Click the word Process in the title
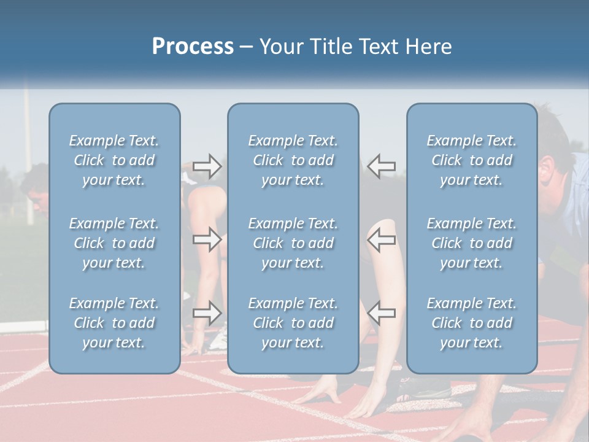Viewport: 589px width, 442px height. point(193,46)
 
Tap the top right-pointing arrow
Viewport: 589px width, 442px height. point(207,166)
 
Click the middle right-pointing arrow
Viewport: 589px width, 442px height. point(207,239)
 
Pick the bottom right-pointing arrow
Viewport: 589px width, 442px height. point(207,313)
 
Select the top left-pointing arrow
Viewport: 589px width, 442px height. point(382,166)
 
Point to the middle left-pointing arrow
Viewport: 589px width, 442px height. point(382,239)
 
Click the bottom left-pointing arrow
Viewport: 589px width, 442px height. point(382,313)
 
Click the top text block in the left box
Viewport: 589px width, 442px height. point(114,160)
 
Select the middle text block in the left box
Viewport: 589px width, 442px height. point(114,243)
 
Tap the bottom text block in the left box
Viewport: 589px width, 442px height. point(114,323)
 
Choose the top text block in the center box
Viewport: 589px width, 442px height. point(293,160)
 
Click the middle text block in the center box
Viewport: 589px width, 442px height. point(293,243)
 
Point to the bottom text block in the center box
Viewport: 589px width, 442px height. point(293,323)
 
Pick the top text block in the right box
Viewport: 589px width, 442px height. point(472,160)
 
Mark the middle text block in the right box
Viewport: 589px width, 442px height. point(472,243)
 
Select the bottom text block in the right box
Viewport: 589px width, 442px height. point(472,323)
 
